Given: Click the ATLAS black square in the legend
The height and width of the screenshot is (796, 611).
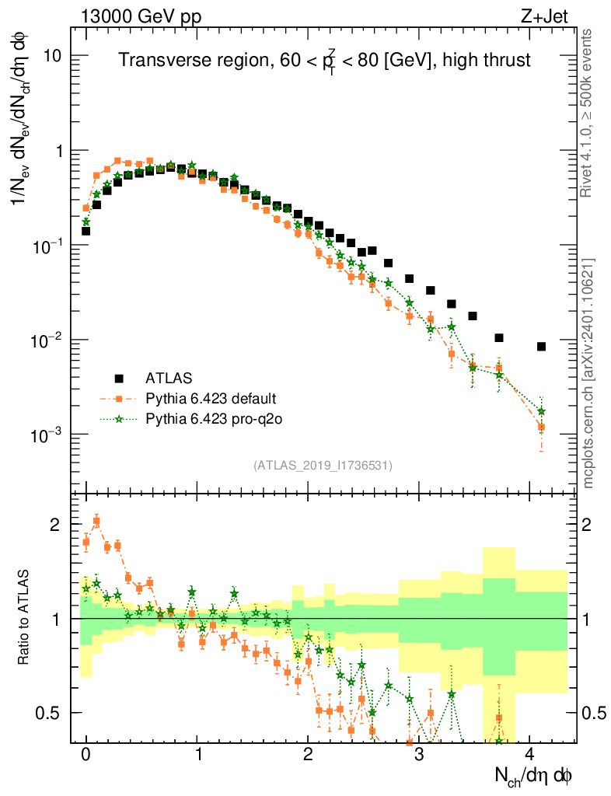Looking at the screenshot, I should pos(119,379).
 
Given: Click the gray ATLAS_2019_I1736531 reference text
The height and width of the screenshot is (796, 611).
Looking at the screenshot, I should pos(323,466).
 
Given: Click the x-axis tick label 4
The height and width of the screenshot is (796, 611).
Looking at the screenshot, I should pos(529,754).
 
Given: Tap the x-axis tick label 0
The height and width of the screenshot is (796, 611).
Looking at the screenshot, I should pos(86,754).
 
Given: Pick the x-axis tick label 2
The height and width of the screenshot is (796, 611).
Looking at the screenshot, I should pos(308,754).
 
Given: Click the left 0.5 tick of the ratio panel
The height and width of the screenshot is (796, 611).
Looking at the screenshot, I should pos(48,713).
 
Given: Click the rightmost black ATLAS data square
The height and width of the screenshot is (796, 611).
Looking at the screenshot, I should pos(541,346).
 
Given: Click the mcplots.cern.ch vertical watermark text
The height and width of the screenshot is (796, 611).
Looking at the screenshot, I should pos(588,373).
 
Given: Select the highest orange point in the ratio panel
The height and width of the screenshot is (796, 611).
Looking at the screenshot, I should pos(96,522).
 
